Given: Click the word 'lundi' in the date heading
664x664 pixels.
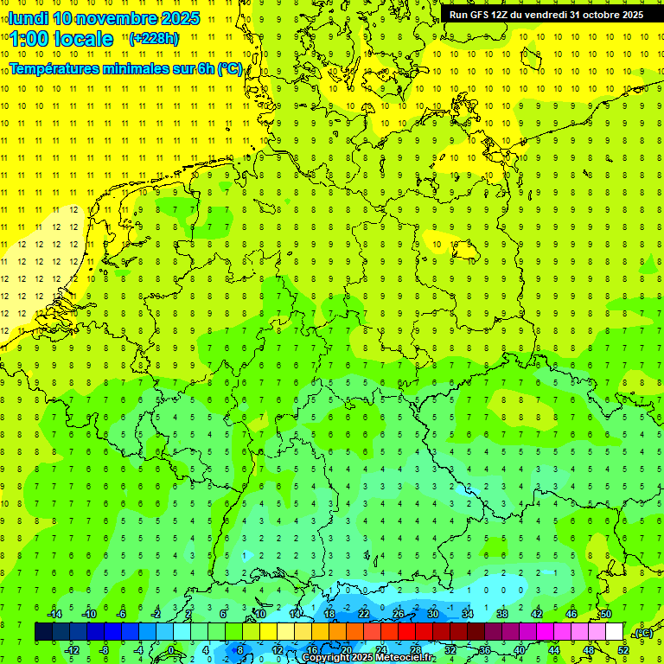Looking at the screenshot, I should pyautogui.click(x=28, y=18).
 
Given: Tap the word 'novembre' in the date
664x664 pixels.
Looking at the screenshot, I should pyautogui.click(x=118, y=18).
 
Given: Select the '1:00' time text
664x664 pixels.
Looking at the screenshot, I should pyautogui.click(x=29, y=39).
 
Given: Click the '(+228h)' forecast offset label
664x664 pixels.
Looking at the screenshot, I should pyautogui.click(x=154, y=38).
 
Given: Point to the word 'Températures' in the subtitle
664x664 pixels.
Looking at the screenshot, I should pyautogui.click(x=63, y=68).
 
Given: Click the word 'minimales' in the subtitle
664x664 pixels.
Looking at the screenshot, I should pyautogui.click(x=153, y=68).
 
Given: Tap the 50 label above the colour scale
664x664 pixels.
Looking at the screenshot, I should pyautogui.click(x=605, y=614).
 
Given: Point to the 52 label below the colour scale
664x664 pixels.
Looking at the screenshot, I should pyautogui.click(x=623, y=649).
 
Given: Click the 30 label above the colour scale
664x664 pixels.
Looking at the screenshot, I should pyautogui.click(x=432, y=614).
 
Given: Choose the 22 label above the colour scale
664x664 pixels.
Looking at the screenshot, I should pyautogui.click(x=363, y=614).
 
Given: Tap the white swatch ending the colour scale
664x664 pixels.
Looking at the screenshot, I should pyautogui.click(x=614, y=631).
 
